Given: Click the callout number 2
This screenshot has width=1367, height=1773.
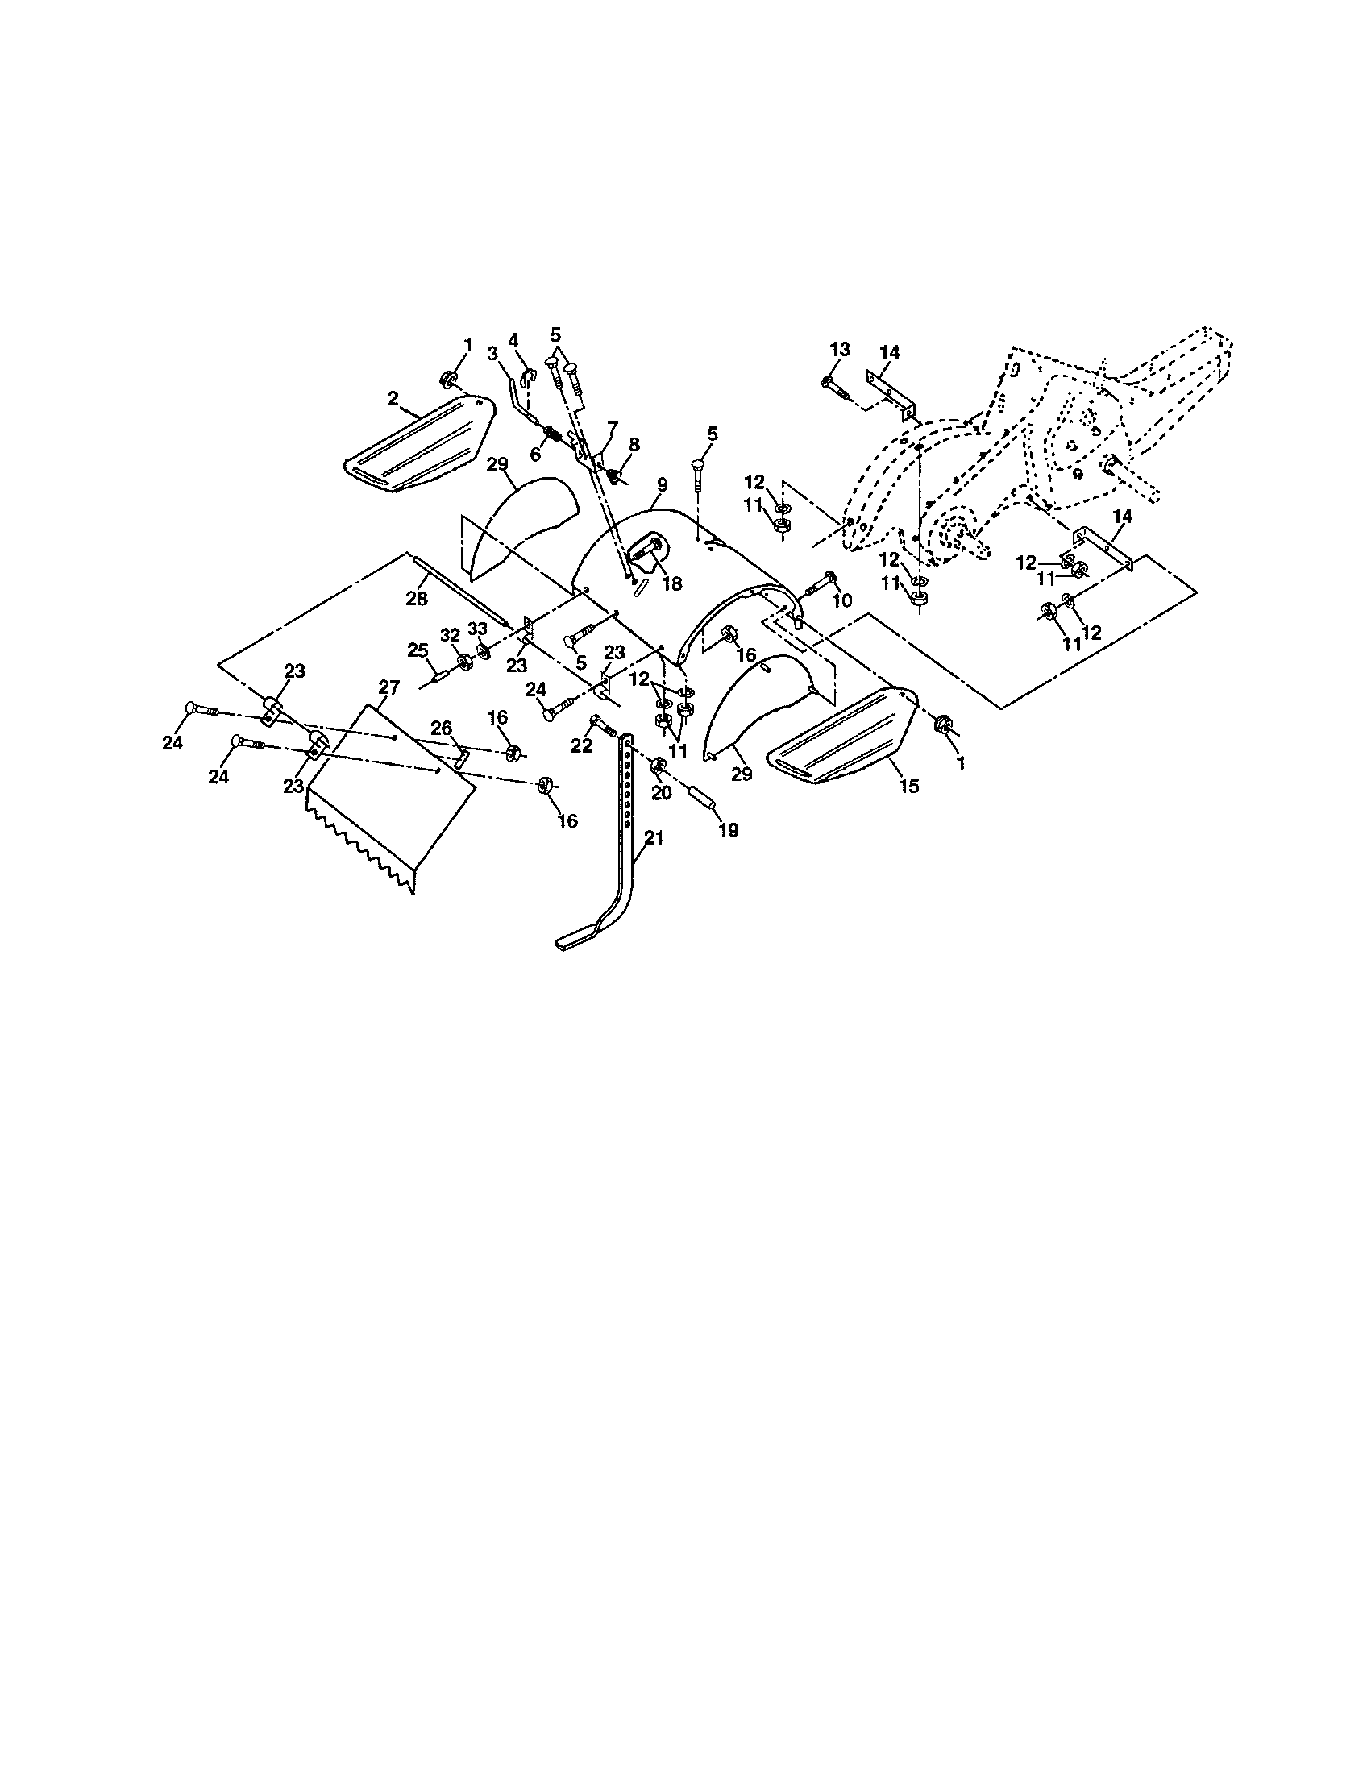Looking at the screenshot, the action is tap(393, 399).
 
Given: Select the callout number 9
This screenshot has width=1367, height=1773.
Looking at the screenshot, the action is tap(663, 485).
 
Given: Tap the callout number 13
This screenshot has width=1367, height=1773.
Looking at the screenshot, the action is tap(840, 349).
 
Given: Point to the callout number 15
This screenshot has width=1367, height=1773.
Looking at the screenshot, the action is tap(909, 786).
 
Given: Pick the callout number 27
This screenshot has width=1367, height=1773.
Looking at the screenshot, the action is tap(388, 687).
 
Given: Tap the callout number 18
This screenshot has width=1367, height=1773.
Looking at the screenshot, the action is tap(672, 583).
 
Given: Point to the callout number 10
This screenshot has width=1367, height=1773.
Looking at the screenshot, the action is tap(841, 600).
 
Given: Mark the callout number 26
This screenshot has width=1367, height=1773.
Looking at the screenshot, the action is tap(442, 729).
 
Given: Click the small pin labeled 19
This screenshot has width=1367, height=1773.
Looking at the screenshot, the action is tap(703, 795).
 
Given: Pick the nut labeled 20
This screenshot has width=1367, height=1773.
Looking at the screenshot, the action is tap(659, 764).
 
